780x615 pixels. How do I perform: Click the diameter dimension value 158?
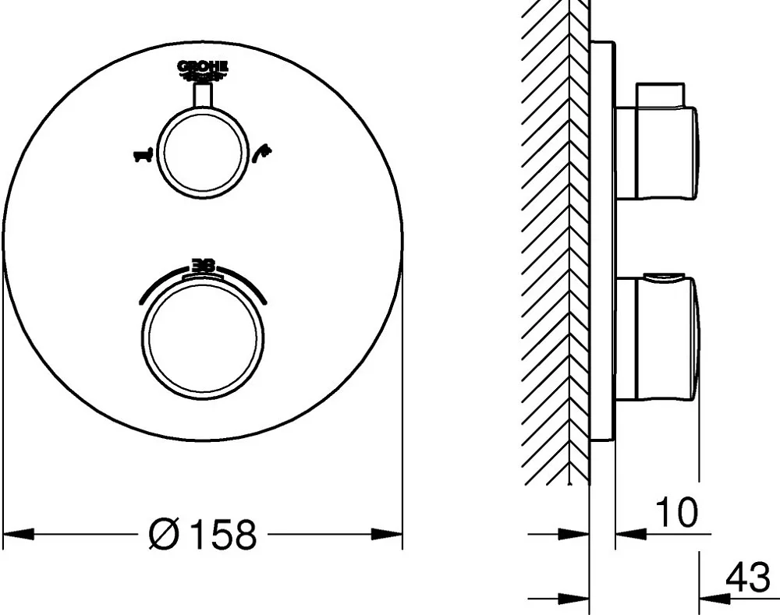pos(225,535)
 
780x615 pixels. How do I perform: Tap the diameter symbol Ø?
pos(164,535)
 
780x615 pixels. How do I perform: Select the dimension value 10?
pos(676,512)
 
